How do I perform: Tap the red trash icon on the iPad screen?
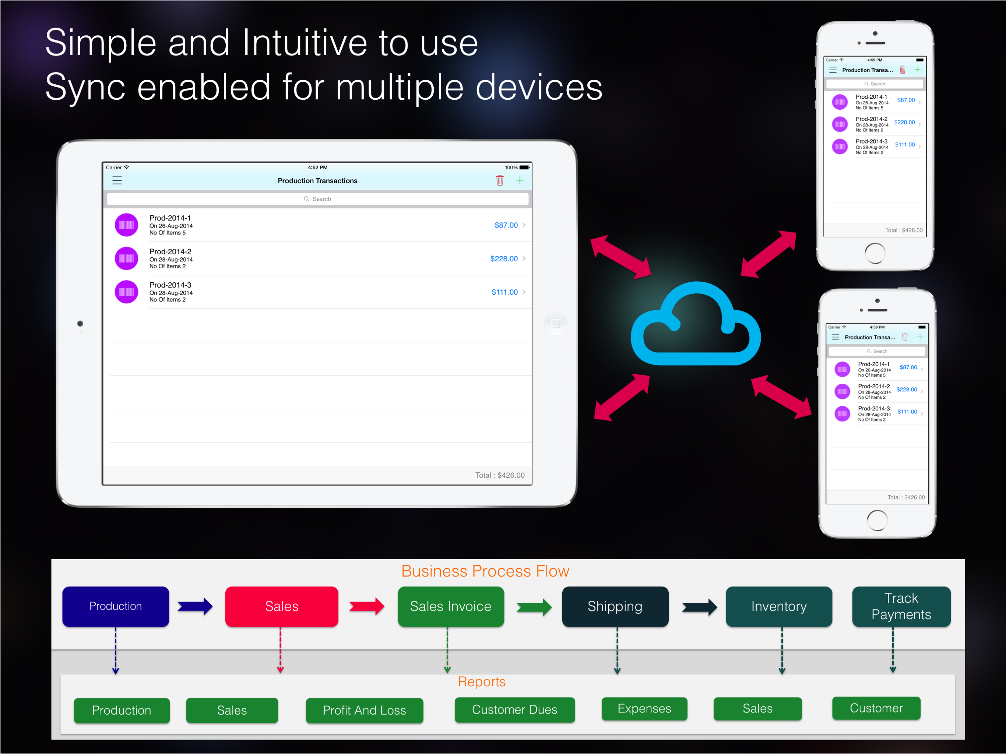pos(500,180)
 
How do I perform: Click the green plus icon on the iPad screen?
pos(520,180)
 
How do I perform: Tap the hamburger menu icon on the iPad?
pos(117,180)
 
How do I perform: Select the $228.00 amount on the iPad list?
pos(504,259)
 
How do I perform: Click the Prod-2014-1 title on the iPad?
pos(170,218)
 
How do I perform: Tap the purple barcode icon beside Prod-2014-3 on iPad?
pos(126,292)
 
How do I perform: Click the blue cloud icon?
pos(696,324)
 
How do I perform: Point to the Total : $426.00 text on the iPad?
pos(500,475)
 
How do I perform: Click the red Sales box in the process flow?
pos(282,607)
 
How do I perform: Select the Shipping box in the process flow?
pos(615,607)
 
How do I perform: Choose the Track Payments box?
pos(901,607)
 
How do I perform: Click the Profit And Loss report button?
pos(364,710)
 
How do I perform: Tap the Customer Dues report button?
pos(515,710)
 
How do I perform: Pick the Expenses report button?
pos(644,708)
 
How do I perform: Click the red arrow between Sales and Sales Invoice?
pos(366,606)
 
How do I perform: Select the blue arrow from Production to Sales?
pos(195,606)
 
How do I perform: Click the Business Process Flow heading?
pos(485,571)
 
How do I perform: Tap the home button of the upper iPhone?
pos(875,253)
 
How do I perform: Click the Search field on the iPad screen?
pos(317,199)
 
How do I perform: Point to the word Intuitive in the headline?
pos(304,43)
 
